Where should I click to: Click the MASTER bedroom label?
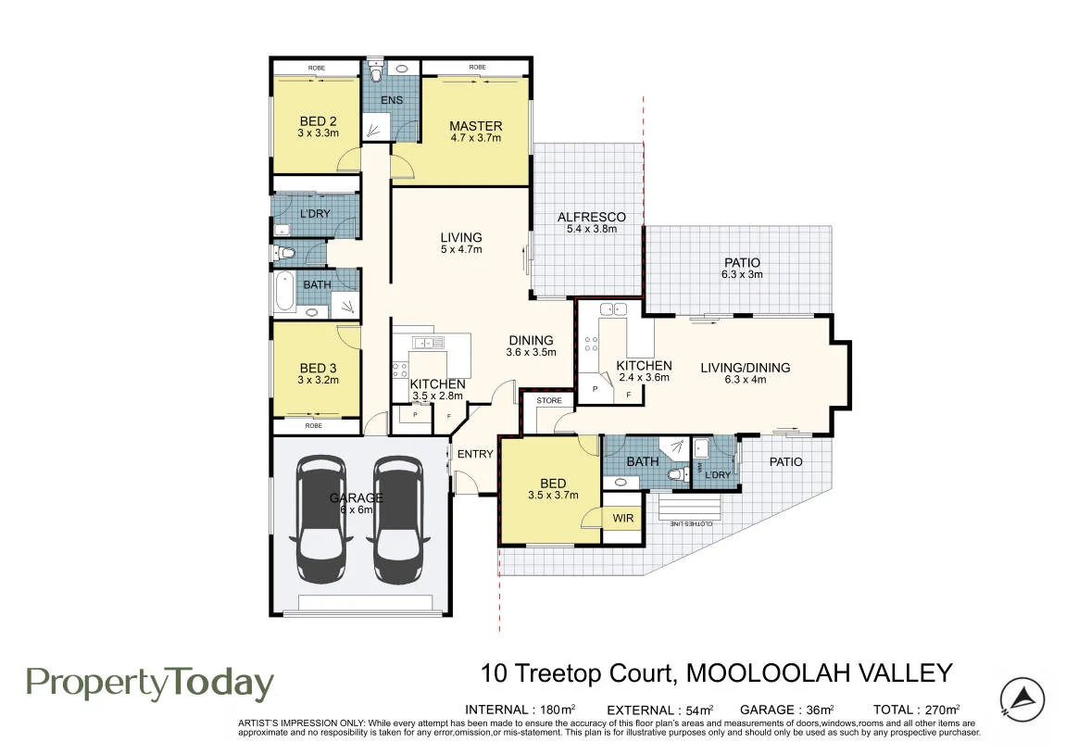pos(476,126)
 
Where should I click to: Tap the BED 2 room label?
pos(319,121)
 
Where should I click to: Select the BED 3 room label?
pos(319,368)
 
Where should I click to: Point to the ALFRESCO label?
pos(592,217)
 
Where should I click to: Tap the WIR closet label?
pos(622,518)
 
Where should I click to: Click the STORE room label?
pos(549,400)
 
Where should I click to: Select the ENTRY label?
pos(475,454)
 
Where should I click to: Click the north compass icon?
pos(1022,699)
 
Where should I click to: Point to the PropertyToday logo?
pos(150,684)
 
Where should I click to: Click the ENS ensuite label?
pos(392,100)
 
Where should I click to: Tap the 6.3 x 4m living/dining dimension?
pos(746,380)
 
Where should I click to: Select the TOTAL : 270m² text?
pos(917,710)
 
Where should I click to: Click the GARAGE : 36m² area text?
pos(786,710)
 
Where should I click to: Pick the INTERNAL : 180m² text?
pos(520,710)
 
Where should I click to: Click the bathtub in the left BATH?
pos(284,291)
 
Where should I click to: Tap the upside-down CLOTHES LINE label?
pos(692,523)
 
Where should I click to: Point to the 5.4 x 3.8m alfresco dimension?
pos(592,229)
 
